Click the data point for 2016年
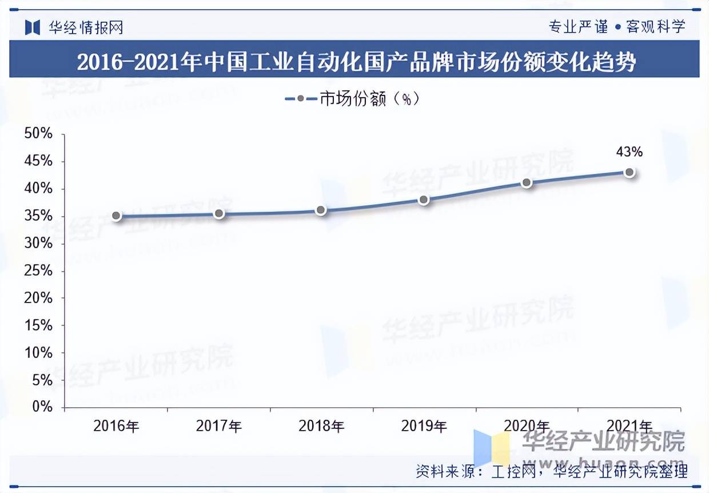[x=116, y=216]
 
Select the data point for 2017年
[x=219, y=213]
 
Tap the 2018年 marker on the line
[x=321, y=210]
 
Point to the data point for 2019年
[x=424, y=200]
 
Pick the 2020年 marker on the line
[x=527, y=183]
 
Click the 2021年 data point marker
[x=630, y=172]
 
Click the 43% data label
[x=629, y=152]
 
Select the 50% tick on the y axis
[x=38, y=134]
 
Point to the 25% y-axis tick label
[x=38, y=271]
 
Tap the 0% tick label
[x=42, y=407]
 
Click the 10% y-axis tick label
[x=38, y=353]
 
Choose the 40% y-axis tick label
[x=38, y=189]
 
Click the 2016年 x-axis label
[x=116, y=426]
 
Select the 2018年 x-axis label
[x=321, y=426]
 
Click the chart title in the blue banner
[x=354, y=61]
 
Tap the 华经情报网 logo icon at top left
[x=32, y=27]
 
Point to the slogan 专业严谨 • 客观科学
[x=616, y=27]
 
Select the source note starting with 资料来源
[x=551, y=471]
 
